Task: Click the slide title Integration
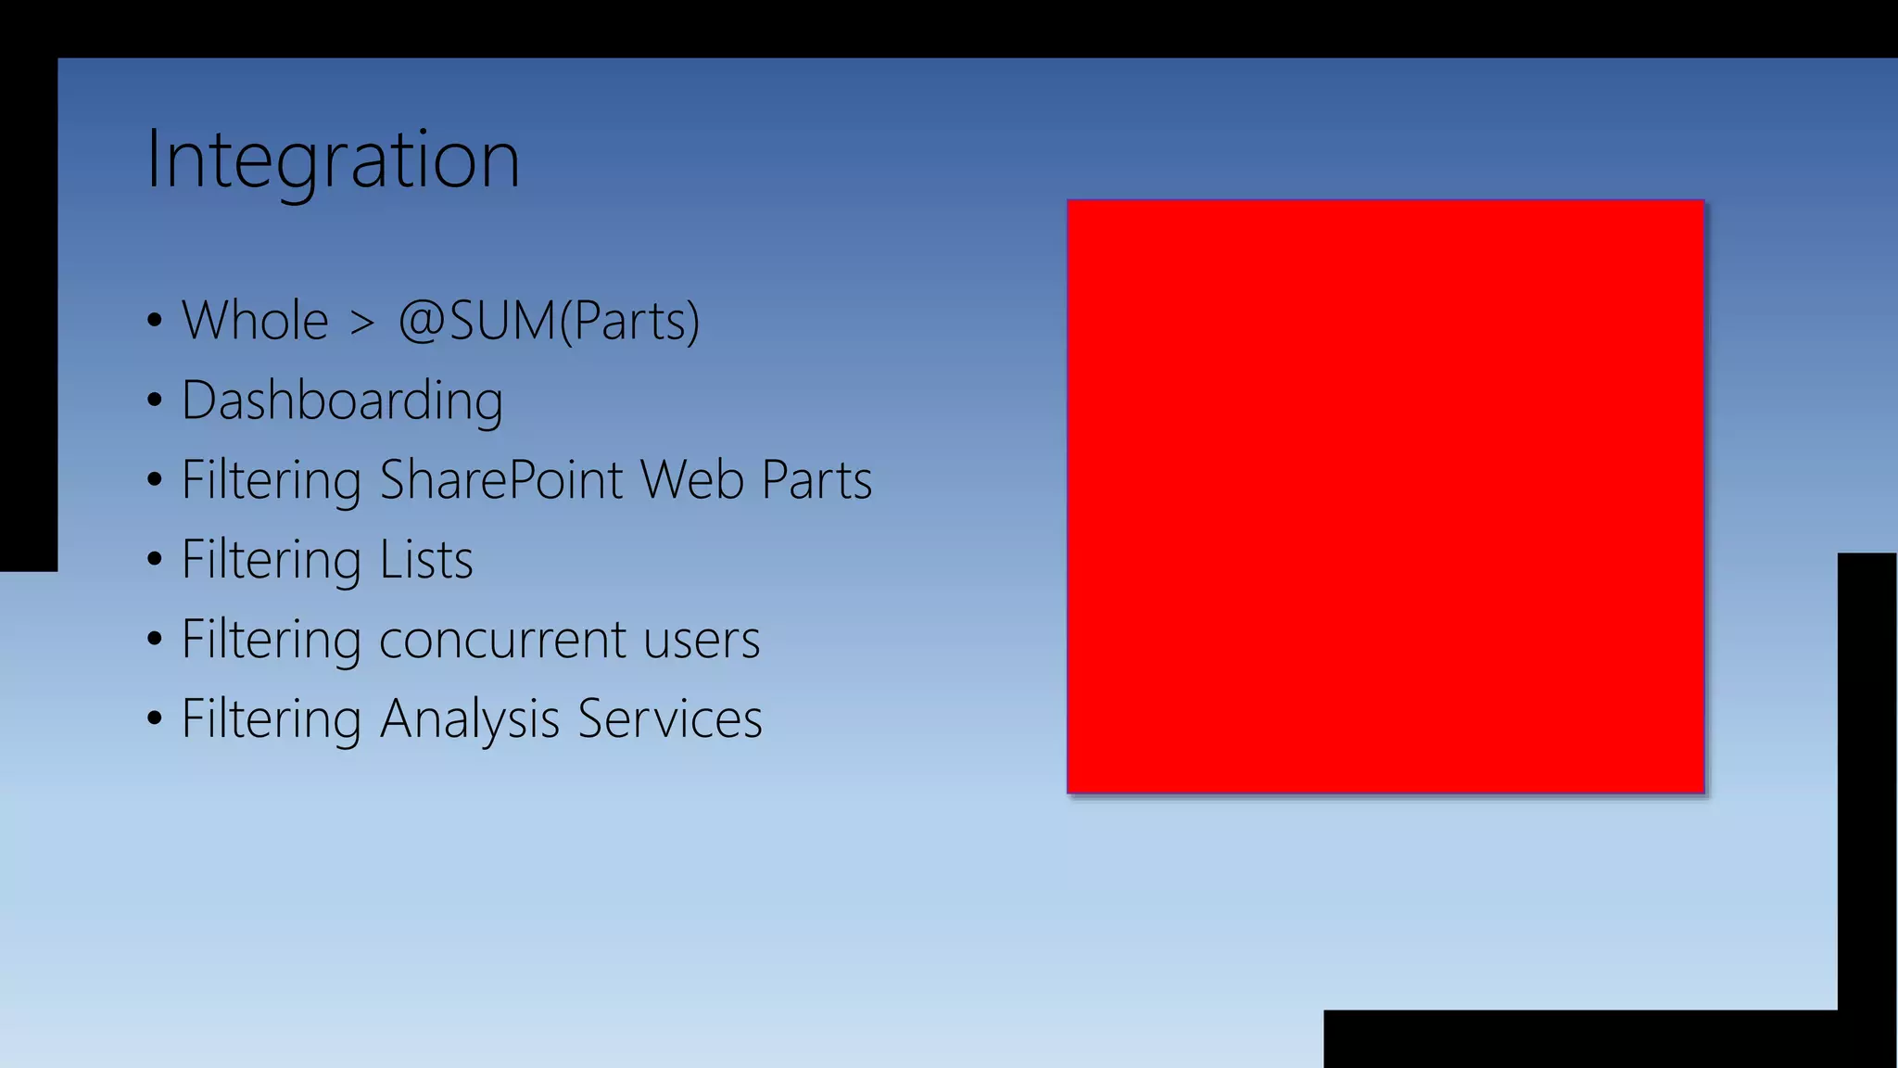point(333,159)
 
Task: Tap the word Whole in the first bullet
point(255,321)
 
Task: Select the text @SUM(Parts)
point(548,321)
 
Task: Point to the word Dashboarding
point(342,400)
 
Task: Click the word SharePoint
point(500,480)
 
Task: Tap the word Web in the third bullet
point(691,480)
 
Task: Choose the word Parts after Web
point(816,480)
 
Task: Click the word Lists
point(426,560)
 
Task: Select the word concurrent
point(502,640)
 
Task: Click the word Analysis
point(470,719)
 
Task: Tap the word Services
point(669,719)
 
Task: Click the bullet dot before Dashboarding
point(155,400)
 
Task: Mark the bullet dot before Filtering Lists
point(155,560)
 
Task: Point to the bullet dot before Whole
point(155,321)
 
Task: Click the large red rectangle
point(1386,496)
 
